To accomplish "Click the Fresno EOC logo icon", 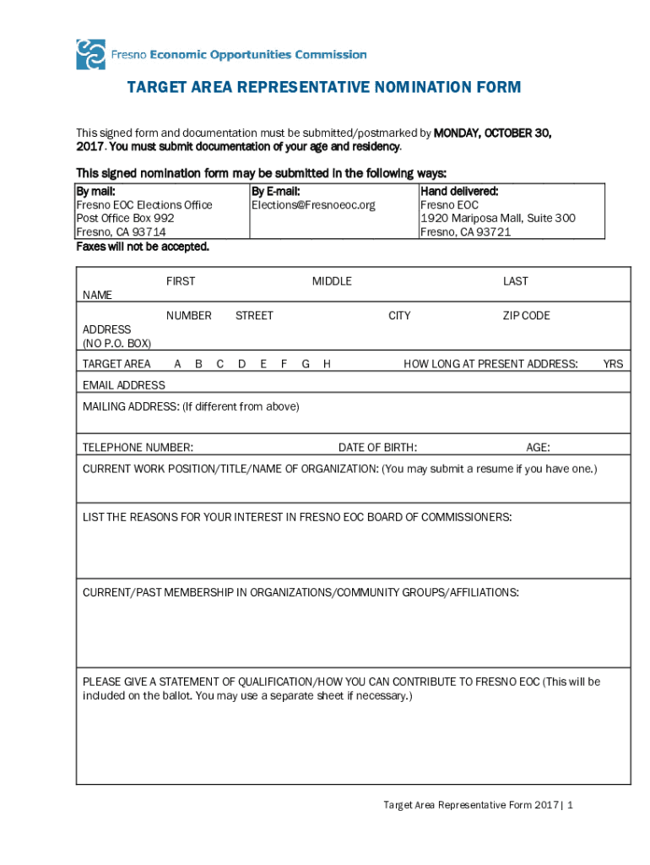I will (90, 54).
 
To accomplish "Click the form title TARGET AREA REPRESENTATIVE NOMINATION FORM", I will (323, 88).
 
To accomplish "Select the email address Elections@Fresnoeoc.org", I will (312, 205).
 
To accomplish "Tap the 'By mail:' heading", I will (95, 192).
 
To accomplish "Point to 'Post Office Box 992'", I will (125, 218).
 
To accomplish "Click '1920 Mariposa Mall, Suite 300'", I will (497, 218).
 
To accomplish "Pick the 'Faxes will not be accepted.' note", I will (142, 247).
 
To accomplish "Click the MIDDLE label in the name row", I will (332, 281).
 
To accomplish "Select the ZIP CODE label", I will (526, 316).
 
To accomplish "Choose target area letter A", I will (177, 364).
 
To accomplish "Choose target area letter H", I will (326, 364).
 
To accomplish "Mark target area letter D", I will (241, 364).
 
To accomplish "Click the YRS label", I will (613, 364).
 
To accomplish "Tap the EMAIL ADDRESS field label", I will (123, 385).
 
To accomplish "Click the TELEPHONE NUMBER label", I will (138, 448).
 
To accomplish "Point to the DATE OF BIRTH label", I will (377, 448).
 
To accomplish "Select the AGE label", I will (538, 448).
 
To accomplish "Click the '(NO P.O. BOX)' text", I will (116, 343).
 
